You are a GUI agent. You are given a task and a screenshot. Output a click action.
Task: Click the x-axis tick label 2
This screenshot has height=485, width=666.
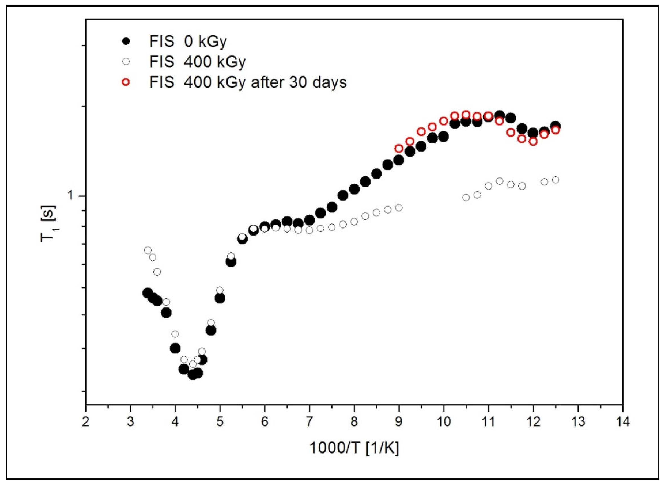pyautogui.click(x=85, y=422)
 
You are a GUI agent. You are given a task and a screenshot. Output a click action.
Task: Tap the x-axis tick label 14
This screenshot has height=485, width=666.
pyautogui.click(x=622, y=422)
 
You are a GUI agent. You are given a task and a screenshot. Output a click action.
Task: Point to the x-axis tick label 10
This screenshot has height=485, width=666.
pyautogui.click(x=443, y=422)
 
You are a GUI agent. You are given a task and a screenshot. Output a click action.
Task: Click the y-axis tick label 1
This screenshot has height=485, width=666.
pyautogui.click(x=71, y=195)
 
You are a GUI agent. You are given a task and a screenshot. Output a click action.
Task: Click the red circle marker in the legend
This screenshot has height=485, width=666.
pyautogui.click(x=126, y=82)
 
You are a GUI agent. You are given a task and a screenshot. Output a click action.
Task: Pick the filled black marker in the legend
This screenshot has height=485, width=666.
pyautogui.click(x=126, y=41)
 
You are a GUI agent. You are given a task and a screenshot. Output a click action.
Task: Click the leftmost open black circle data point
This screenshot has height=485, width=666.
pyautogui.click(x=148, y=250)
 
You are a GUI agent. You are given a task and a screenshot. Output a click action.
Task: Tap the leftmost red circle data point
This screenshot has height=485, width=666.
pyautogui.click(x=399, y=148)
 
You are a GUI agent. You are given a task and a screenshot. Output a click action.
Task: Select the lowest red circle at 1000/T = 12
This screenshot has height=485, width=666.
pyautogui.click(x=533, y=141)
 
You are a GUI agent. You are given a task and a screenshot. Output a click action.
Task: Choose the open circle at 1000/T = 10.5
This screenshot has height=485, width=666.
pyautogui.click(x=466, y=197)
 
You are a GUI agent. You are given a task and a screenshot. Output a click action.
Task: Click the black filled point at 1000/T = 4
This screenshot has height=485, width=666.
pyautogui.click(x=175, y=348)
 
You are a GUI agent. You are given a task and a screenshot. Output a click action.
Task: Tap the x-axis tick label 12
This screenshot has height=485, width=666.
pyautogui.click(x=533, y=422)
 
